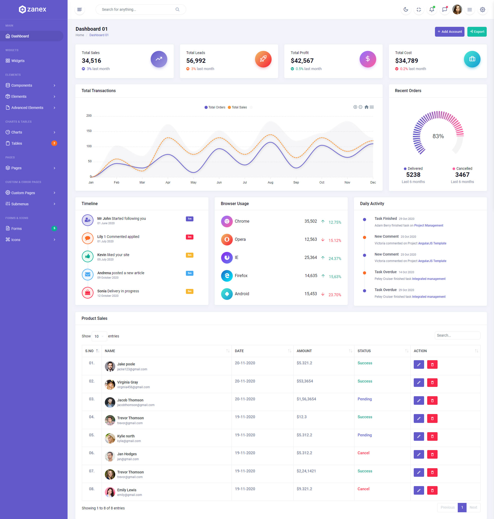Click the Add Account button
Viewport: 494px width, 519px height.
[449, 32]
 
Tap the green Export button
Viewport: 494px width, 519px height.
[477, 32]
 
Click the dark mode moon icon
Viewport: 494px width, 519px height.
[405, 10]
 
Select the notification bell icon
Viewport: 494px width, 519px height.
[431, 10]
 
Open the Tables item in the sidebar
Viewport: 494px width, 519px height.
[16, 143]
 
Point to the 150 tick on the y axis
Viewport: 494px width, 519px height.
[89, 131]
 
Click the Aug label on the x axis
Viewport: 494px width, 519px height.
[270, 182]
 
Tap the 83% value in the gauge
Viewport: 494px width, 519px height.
[438, 136]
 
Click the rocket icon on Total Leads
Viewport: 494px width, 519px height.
[263, 59]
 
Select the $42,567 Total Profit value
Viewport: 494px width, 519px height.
[302, 61]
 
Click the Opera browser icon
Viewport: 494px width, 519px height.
[226, 239]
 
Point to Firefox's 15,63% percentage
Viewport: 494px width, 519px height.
[335, 277]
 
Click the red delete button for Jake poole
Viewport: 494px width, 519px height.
[432, 365]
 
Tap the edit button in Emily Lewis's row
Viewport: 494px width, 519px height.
[418, 490]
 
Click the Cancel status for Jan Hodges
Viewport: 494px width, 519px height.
[363, 453]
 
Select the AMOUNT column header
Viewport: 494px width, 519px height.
[304, 351]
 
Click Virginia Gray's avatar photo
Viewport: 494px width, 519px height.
[110, 385]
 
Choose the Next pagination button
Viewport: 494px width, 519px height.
[473, 507]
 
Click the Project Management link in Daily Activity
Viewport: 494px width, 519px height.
[428, 226]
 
